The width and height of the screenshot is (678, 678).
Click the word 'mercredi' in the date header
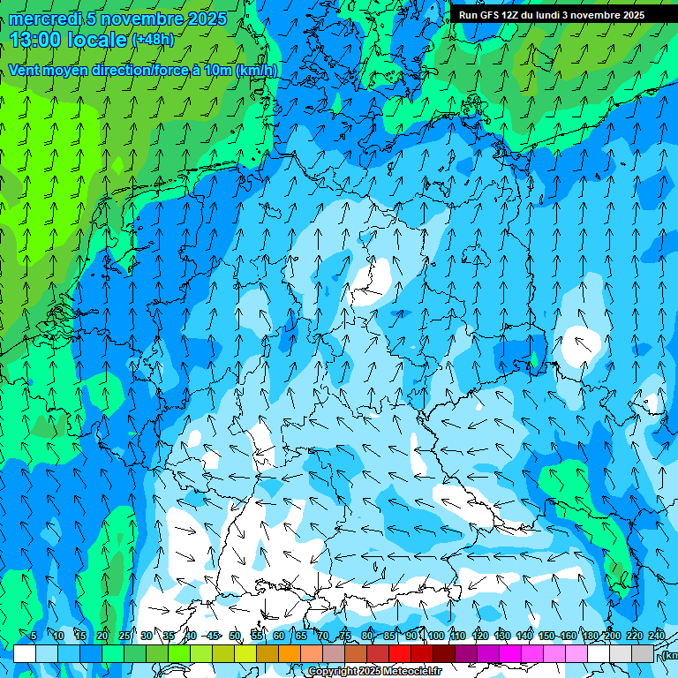pyautogui.click(x=44, y=19)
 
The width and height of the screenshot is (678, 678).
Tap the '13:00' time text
pyautogui.click(x=36, y=40)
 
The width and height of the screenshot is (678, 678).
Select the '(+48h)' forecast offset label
pyautogui.click(x=153, y=40)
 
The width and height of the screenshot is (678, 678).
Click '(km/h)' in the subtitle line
pyautogui.click(x=257, y=71)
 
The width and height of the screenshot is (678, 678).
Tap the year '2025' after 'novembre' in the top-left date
pyautogui.click(x=205, y=19)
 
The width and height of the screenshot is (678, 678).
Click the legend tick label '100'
pyautogui.click(x=435, y=636)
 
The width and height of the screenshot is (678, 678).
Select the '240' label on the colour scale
pyautogui.click(x=656, y=636)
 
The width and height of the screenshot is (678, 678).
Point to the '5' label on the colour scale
pyautogui.click(x=34, y=636)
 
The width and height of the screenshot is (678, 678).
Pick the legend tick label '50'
pyautogui.click(x=235, y=636)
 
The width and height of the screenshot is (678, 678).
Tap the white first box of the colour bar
pyautogui.click(x=25, y=653)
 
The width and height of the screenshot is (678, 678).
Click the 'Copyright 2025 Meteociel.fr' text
pyautogui.click(x=375, y=672)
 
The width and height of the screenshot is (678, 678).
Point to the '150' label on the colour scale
pyautogui.click(x=546, y=636)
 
